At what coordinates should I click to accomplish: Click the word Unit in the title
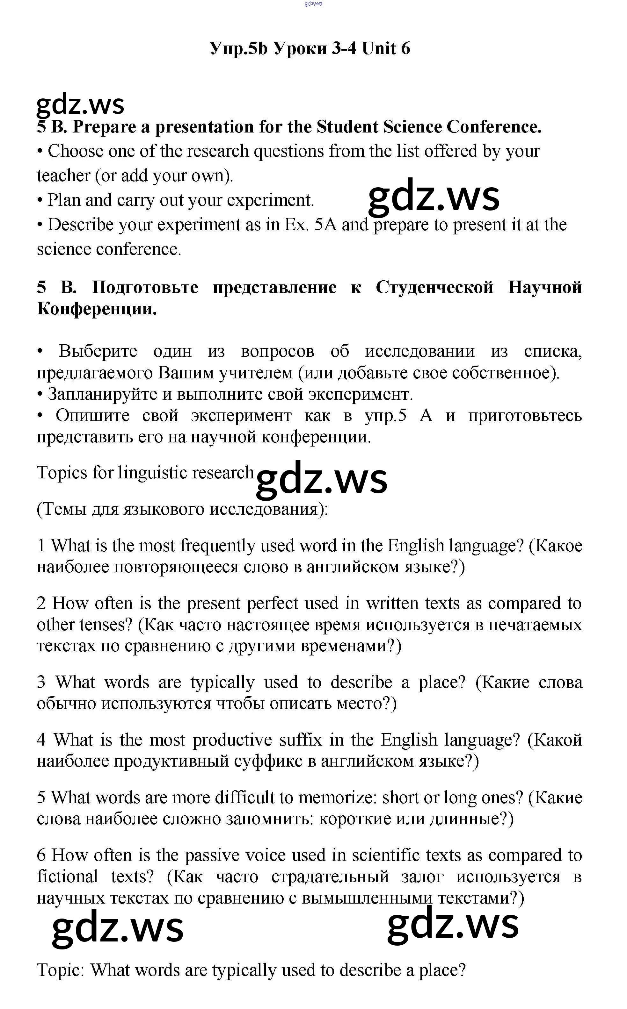tap(379, 49)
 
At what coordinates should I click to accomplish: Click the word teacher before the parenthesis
tap(63, 176)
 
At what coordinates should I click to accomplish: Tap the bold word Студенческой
tap(434, 287)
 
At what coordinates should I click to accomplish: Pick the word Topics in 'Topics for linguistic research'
tap(62, 473)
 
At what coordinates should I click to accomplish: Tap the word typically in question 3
tap(222, 683)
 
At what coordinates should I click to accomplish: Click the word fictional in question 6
tap(67, 877)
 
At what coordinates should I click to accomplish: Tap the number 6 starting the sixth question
tap(41, 855)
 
